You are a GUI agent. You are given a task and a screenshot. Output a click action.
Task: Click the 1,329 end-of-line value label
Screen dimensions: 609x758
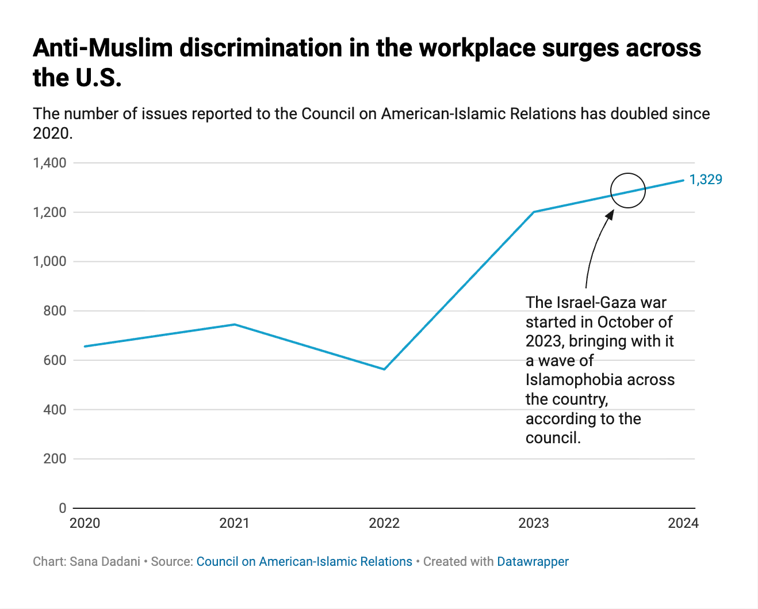pos(706,180)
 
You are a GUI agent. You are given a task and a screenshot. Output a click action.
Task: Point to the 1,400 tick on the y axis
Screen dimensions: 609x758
pos(50,163)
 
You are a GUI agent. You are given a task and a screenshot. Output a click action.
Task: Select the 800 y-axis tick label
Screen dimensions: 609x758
pos(55,311)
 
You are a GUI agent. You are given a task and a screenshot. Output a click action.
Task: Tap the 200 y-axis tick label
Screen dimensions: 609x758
pos(55,459)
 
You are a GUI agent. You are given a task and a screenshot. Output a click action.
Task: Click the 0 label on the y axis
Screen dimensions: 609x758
pos(63,508)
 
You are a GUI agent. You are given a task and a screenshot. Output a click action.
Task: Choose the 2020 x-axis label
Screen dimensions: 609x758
pos(85,523)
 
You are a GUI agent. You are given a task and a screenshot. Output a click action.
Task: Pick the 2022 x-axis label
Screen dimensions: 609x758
pos(384,523)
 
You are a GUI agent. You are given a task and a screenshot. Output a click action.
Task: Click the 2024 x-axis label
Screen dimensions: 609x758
pos(683,523)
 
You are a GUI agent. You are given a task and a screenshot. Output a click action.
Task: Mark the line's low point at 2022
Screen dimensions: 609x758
pos(384,369)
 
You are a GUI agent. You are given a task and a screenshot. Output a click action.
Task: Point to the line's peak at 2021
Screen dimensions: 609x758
pos(235,325)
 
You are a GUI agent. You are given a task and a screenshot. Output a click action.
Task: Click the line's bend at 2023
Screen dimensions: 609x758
pos(534,212)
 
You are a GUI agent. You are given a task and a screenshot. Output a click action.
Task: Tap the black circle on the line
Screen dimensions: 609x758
pos(628,191)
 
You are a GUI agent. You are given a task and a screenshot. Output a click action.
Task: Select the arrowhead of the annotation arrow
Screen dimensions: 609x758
pos(610,214)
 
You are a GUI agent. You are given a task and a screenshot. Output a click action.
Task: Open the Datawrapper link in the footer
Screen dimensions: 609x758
pos(533,562)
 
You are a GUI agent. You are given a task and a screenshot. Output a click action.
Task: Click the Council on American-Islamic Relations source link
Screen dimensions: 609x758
pos(304,562)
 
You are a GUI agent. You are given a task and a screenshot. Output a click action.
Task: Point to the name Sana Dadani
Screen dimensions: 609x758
pos(105,562)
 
